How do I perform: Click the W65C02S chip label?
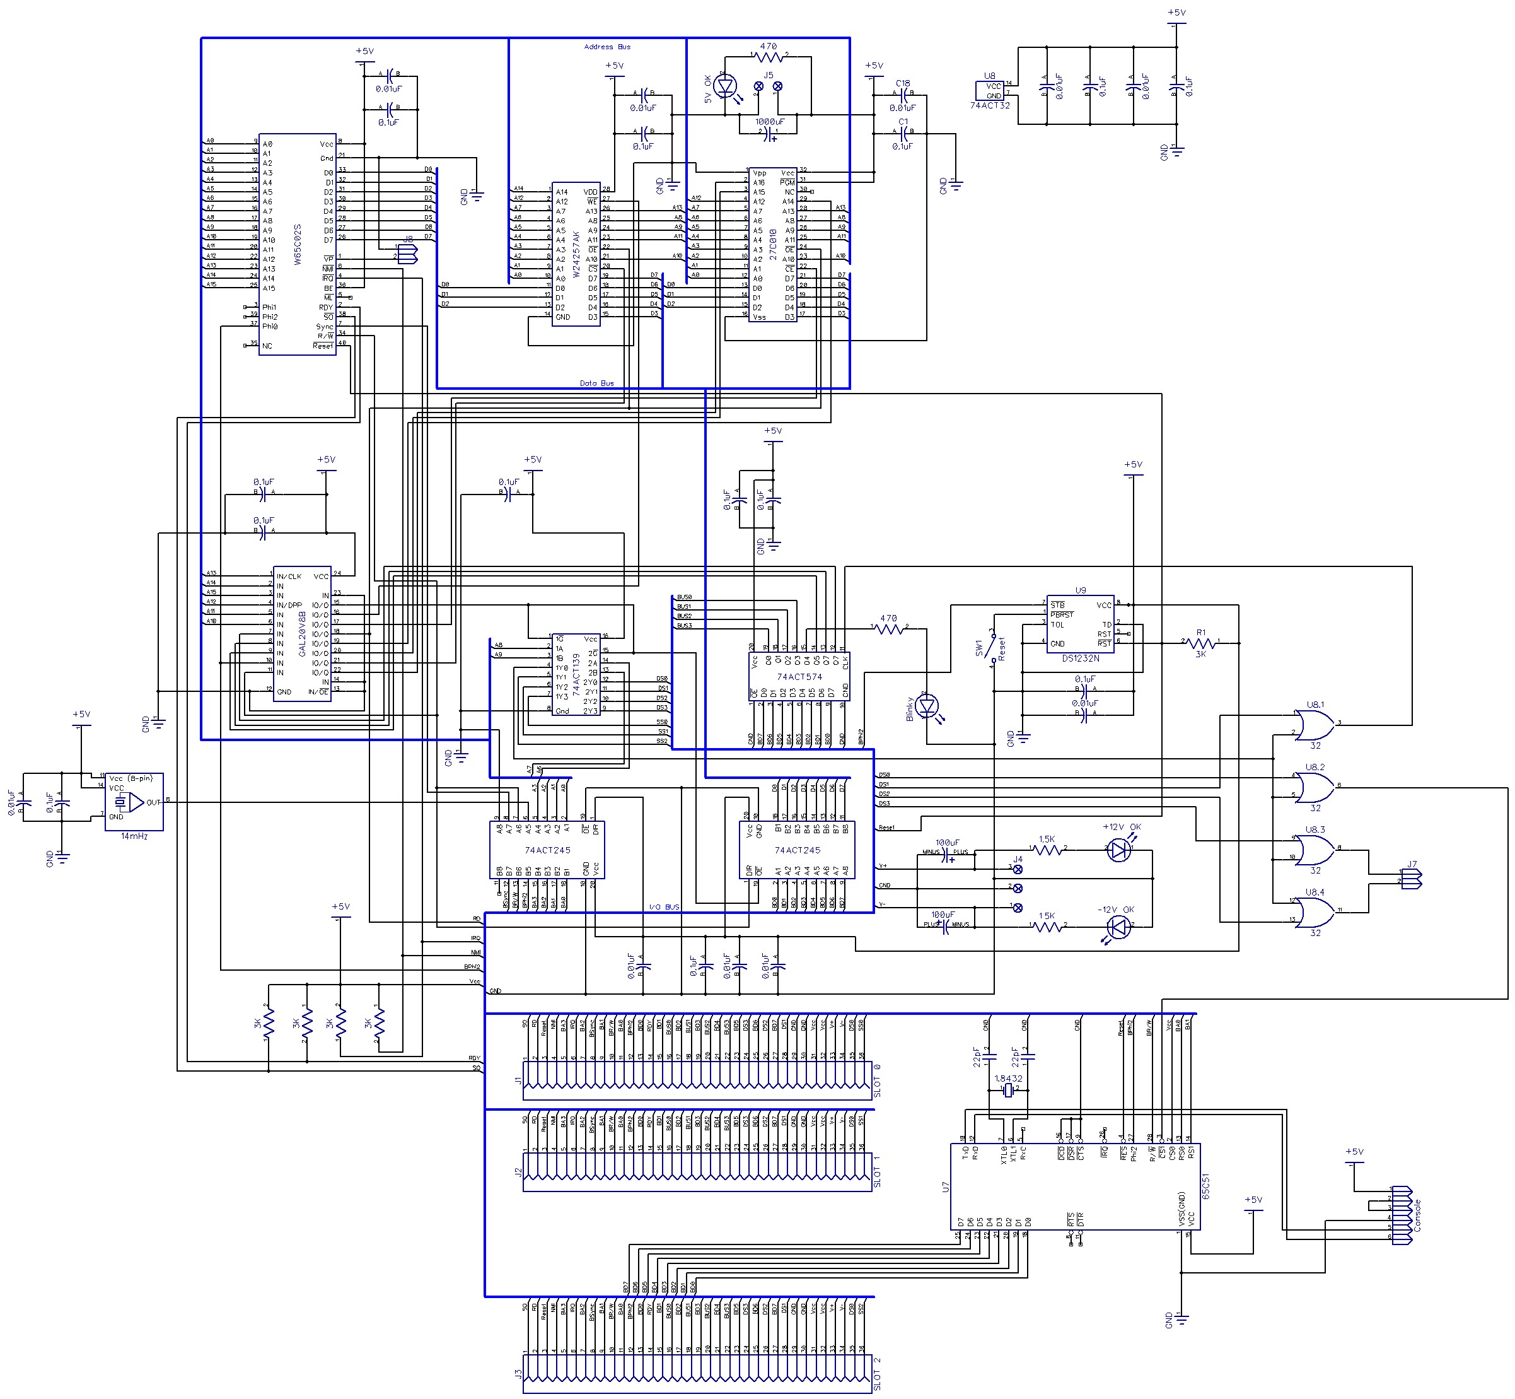[298, 243]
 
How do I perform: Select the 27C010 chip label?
[773, 243]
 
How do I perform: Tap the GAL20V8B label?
[302, 634]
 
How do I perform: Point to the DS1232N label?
[1080, 659]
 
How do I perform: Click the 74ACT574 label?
[799, 677]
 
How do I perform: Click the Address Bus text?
[607, 47]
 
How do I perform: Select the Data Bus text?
[596, 384]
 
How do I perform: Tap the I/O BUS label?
[664, 907]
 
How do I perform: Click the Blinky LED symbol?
[926, 707]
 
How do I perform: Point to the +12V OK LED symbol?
[1118, 850]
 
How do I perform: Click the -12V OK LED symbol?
[1118, 927]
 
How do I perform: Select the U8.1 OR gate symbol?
[1315, 725]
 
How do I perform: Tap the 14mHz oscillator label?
[134, 836]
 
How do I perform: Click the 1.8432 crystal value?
[1008, 1079]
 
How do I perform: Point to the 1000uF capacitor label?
[770, 122]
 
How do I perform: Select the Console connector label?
[1417, 1215]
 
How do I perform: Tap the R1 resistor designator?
[1200, 632]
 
